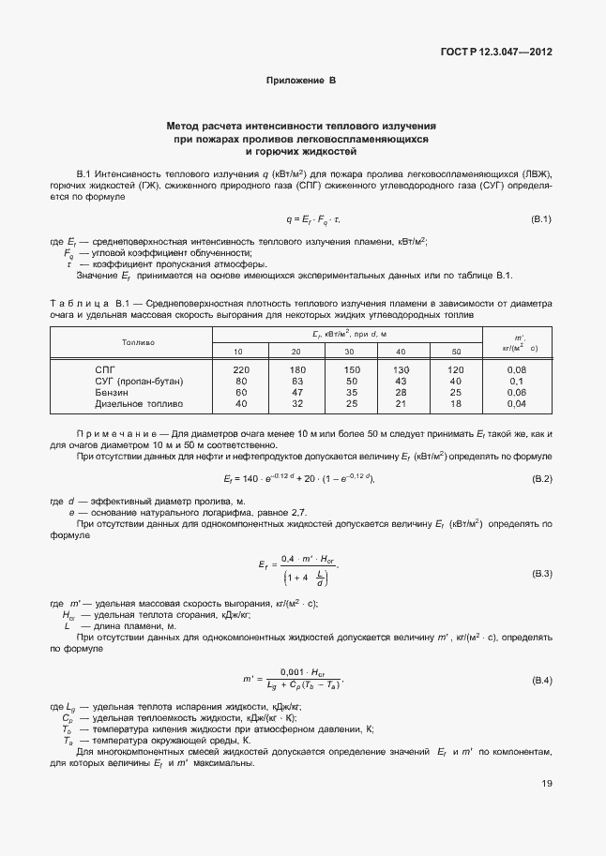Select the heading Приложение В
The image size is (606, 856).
point(301,82)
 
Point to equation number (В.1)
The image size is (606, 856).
point(541,219)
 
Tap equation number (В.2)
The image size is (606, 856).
point(541,479)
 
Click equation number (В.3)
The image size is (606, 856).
point(541,572)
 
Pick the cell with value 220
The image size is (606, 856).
point(241,370)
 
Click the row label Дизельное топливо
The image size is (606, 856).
point(139,404)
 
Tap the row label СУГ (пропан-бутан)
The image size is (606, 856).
point(139,382)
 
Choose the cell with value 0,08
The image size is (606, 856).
point(515,370)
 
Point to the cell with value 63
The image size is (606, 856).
point(296,382)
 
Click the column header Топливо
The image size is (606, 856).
point(138,342)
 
